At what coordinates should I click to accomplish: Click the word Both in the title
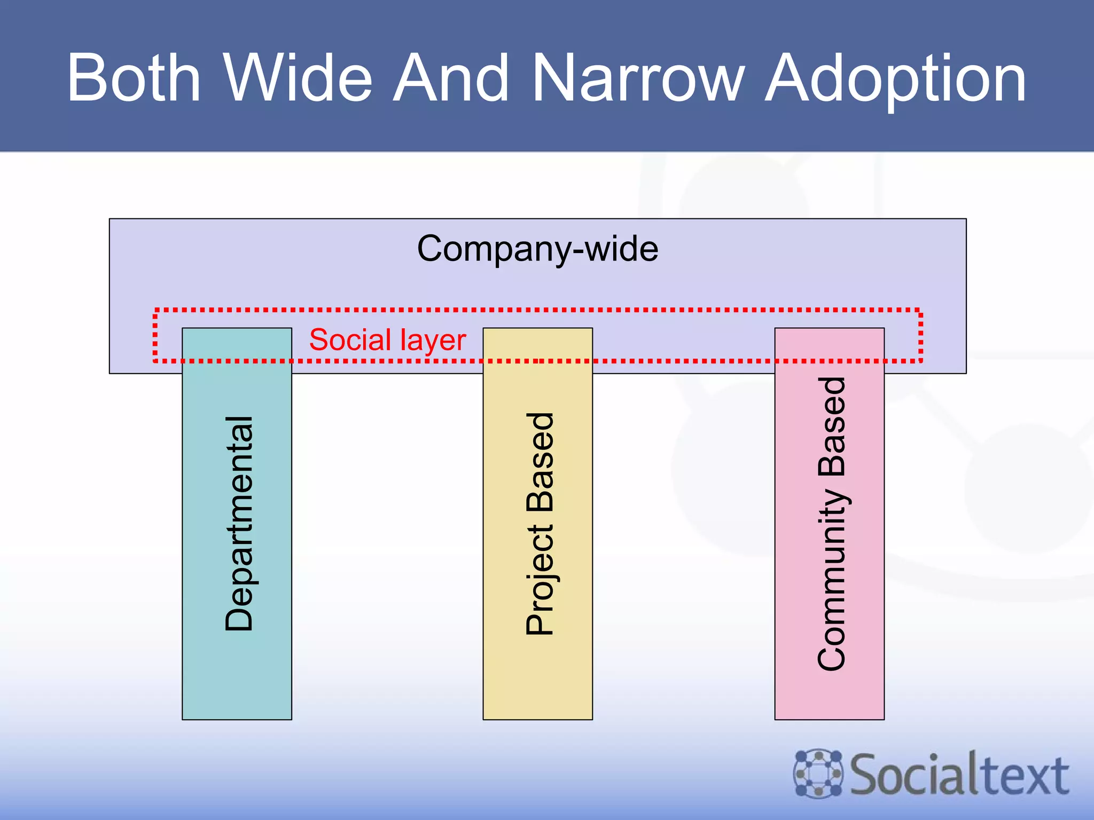(x=134, y=78)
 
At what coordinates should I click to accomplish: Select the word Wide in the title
(x=298, y=78)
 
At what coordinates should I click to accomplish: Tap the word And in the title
(x=451, y=78)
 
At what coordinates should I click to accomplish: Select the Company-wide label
(x=537, y=249)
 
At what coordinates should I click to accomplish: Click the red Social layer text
(x=387, y=340)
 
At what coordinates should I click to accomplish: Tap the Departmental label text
(x=239, y=524)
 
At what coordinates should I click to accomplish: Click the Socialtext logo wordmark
(x=959, y=775)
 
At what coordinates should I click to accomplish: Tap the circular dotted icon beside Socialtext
(x=818, y=774)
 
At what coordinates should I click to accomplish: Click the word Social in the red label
(x=350, y=340)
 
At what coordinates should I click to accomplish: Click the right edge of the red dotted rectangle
(x=920, y=335)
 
